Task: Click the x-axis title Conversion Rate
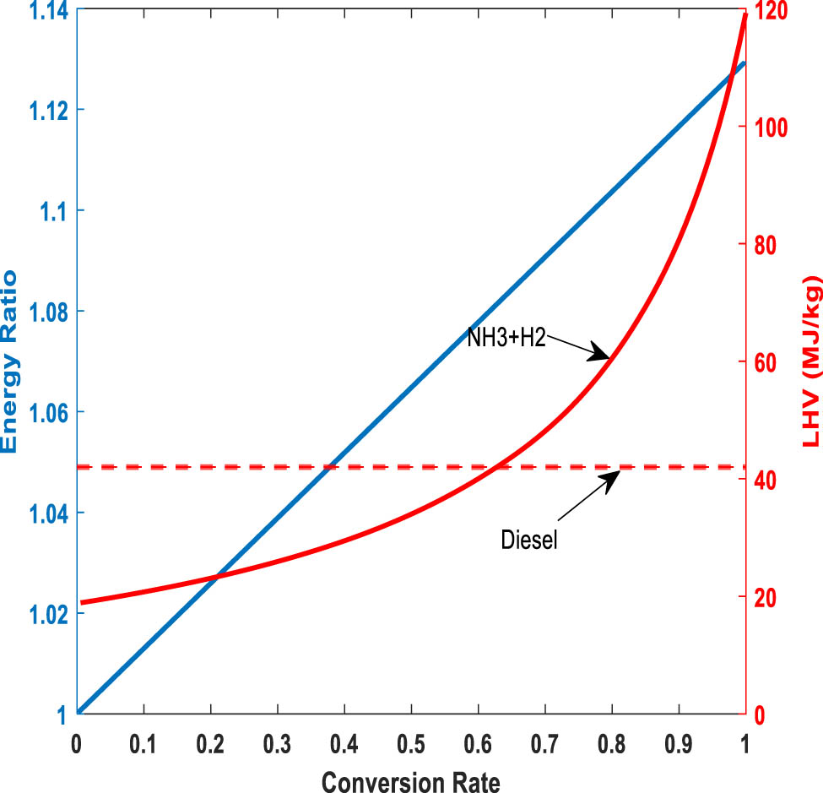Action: click(x=410, y=780)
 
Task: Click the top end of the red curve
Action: click(x=745, y=14)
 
